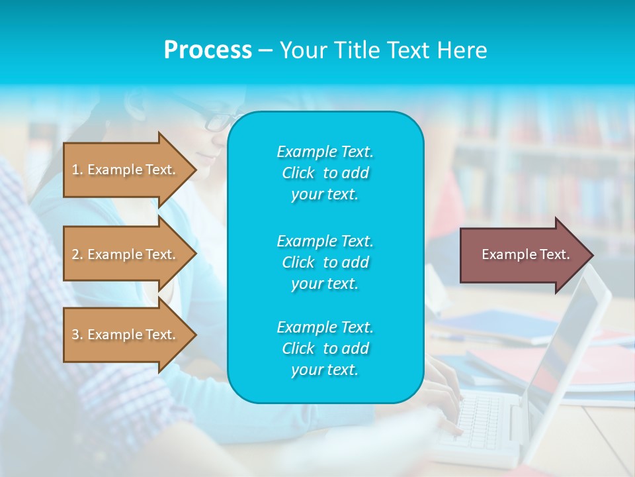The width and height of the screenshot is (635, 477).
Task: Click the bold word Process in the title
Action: [x=208, y=50]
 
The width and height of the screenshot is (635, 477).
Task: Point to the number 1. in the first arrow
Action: [x=77, y=170]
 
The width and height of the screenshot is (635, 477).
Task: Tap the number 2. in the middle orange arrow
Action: [x=77, y=254]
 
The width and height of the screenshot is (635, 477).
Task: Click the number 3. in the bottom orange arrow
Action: [x=77, y=335]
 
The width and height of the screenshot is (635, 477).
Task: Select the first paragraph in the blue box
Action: [x=325, y=173]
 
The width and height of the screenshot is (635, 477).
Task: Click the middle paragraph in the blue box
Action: [x=325, y=262]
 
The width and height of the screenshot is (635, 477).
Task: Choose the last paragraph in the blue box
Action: [x=325, y=348]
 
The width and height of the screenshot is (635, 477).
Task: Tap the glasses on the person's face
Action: [x=218, y=122]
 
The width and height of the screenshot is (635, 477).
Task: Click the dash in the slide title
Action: [x=265, y=50]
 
